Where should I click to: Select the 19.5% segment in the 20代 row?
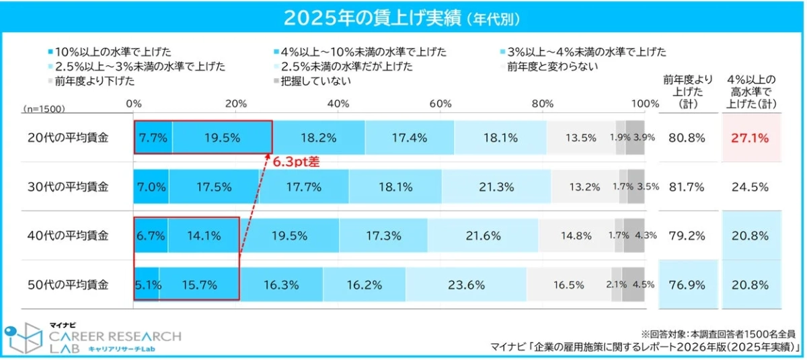(x=222, y=137)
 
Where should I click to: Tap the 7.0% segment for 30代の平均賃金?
(x=152, y=186)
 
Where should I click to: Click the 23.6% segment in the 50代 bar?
(x=467, y=285)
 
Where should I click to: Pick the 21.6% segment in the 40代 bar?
(x=483, y=236)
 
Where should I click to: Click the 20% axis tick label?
(x=235, y=103)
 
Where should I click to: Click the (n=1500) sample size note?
(x=44, y=108)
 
